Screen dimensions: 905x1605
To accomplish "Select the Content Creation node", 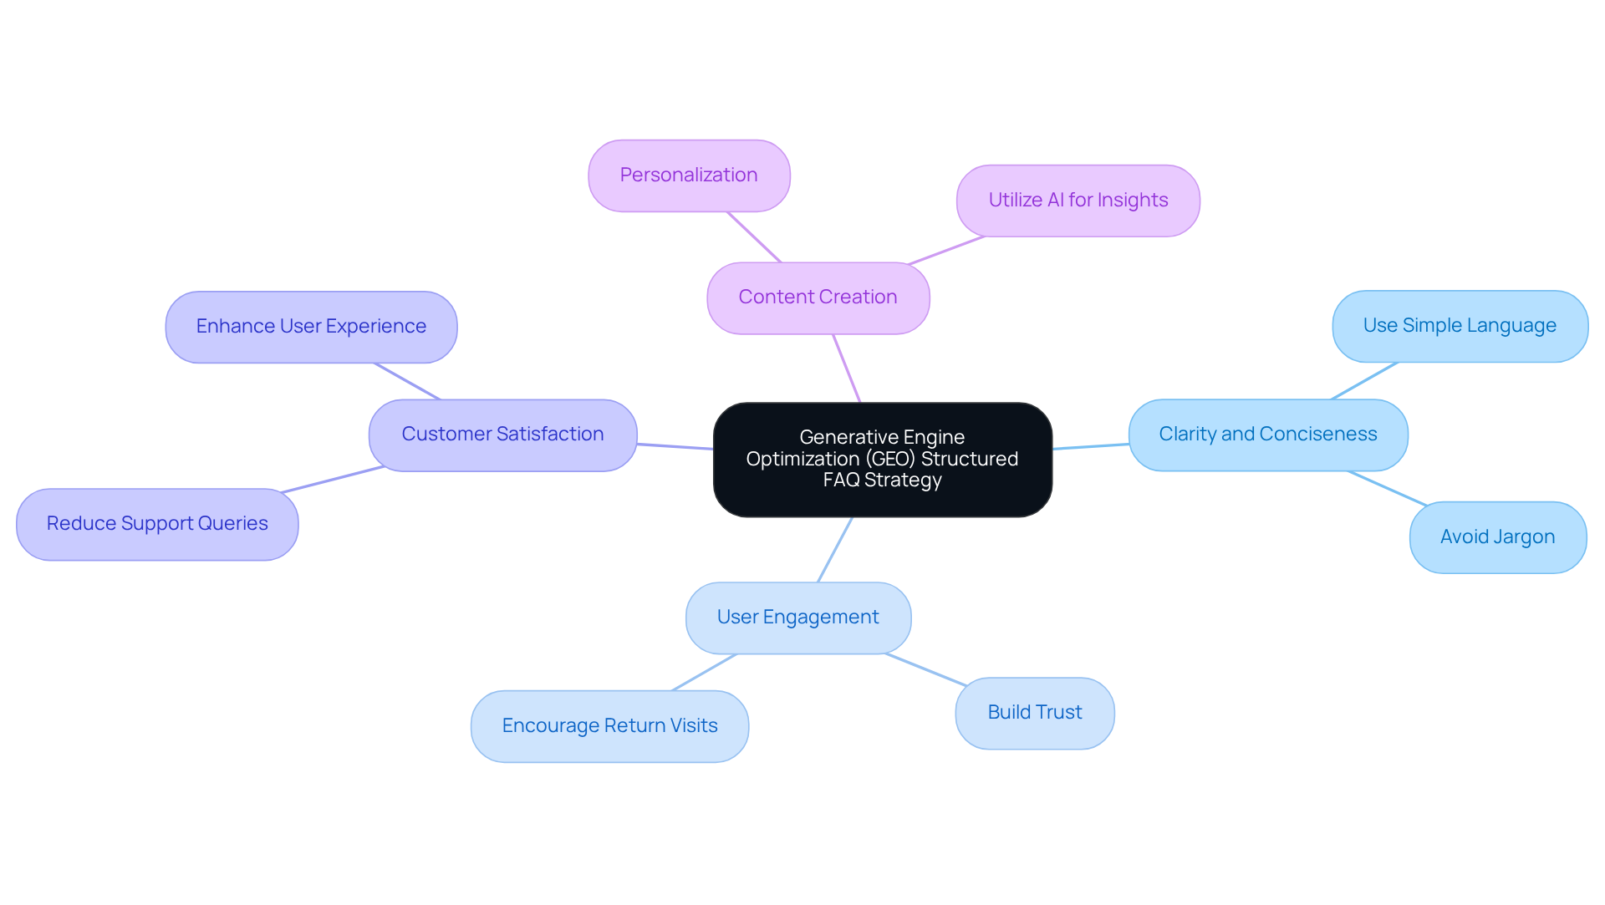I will point(818,298).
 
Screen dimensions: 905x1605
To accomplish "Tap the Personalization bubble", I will point(689,175).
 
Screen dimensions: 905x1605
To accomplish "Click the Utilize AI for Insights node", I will point(1078,201).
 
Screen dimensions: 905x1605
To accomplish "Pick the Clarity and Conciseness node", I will point(1267,435).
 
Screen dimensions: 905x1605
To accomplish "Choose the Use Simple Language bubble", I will point(1460,326).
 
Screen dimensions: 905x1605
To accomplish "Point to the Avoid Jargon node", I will point(1497,537).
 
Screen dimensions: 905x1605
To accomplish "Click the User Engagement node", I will point(797,618).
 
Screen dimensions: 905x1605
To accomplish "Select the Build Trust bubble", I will point(1034,713).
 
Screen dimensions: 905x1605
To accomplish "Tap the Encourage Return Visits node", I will point(609,726).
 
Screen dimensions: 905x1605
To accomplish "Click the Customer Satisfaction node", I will point(502,435).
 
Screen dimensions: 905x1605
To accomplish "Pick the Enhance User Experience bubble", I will point(311,327).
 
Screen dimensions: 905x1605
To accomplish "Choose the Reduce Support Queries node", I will point(157,524).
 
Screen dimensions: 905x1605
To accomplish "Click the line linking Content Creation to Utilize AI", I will point(946,251).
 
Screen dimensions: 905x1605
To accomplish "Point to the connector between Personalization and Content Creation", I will point(754,237).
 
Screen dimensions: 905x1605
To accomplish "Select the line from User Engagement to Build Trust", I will point(925,669).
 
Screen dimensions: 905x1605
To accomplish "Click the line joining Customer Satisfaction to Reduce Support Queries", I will point(333,480).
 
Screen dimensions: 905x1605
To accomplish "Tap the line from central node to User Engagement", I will point(835,549).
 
